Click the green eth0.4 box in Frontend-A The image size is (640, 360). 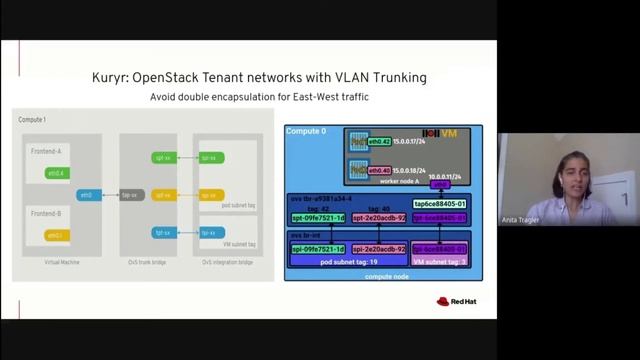[x=55, y=173]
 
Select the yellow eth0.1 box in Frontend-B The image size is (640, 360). [x=55, y=235]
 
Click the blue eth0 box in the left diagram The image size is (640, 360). [x=88, y=195]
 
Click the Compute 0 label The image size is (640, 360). [x=306, y=131]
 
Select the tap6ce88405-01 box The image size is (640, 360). [x=440, y=203]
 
